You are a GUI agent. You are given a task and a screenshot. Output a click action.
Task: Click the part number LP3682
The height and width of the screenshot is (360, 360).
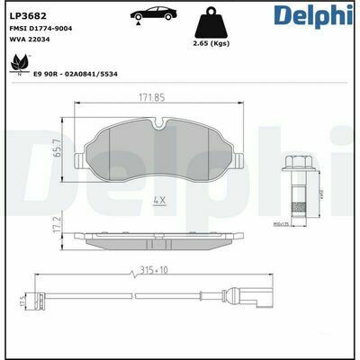click(29, 15)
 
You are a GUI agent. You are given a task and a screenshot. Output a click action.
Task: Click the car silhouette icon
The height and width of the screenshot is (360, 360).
click(151, 18)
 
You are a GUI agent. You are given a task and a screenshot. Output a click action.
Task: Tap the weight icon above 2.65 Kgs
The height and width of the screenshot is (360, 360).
click(216, 22)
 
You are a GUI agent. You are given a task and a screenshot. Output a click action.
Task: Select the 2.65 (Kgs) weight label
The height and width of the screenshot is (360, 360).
click(216, 43)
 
